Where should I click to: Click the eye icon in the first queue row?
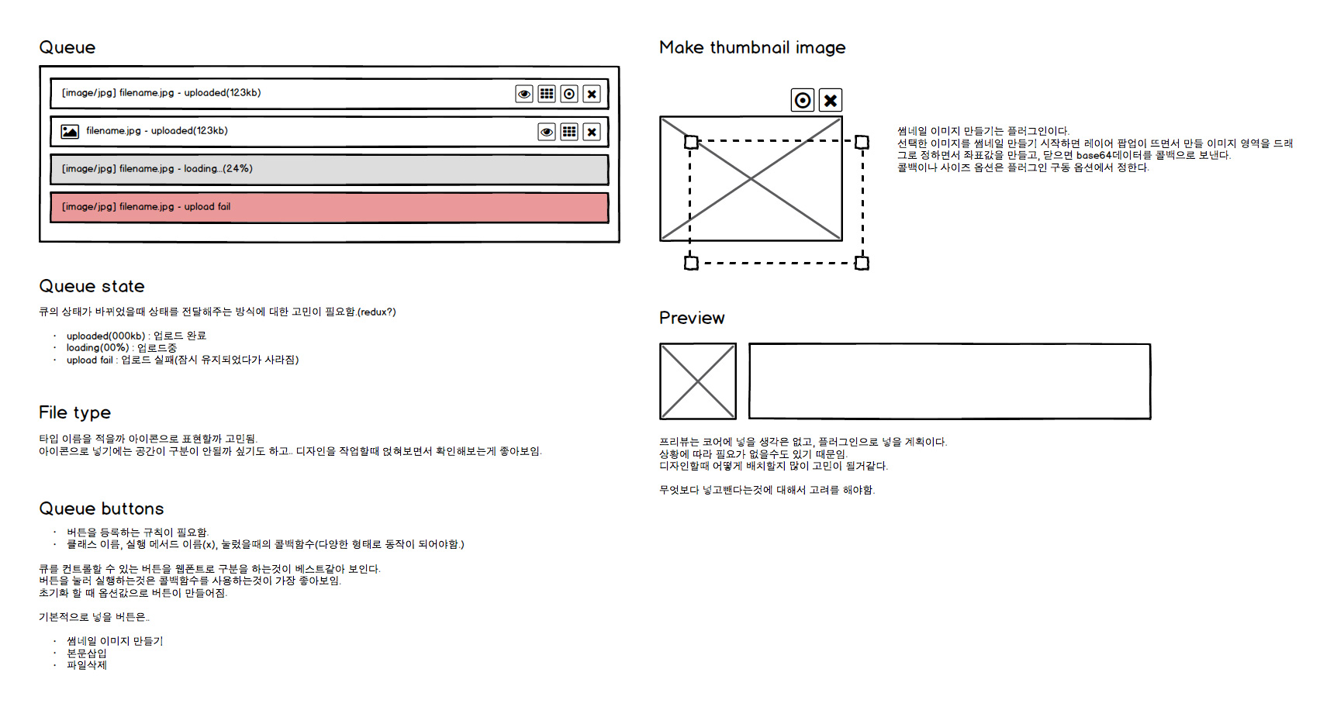pyautogui.click(x=524, y=94)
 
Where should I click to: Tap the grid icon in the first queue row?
pyautogui.click(x=547, y=94)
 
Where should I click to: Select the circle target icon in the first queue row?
pyautogui.click(x=569, y=94)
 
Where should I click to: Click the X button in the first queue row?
pyautogui.click(x=592, y=94)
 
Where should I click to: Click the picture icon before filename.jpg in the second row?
pyautogui.click(x=70, y=132)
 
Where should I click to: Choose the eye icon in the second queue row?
pyautogui.click(x=547, y=132)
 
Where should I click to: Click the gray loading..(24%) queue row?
pyautogui.click(x=329, y=170)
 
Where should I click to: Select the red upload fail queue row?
pyautogui.click(x=329, y=208)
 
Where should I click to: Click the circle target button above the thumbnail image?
pyautogui.click(x=803, y=100)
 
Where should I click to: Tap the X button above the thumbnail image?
pyautogui.click(x=831, y=100)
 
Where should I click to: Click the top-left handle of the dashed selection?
pyautogui.click(x=691, y=142)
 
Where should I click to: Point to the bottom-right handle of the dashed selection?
pyautogui.click(x=862, y=263)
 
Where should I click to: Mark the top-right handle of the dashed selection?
pyautogui.click(x=862, y=142)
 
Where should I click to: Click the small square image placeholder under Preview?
pyautogui.click(x=698, y=381)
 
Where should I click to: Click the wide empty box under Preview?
pyautogui.click(x=949, y=381)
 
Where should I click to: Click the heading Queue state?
pyautogui.click(x=92, y=287)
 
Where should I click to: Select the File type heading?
pyautogui.click(x=74, y=412)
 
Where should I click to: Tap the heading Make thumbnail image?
pyautogui.click(x=751, y=48)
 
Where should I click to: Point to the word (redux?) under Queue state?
pyautogui.click(x=377, y=312)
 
